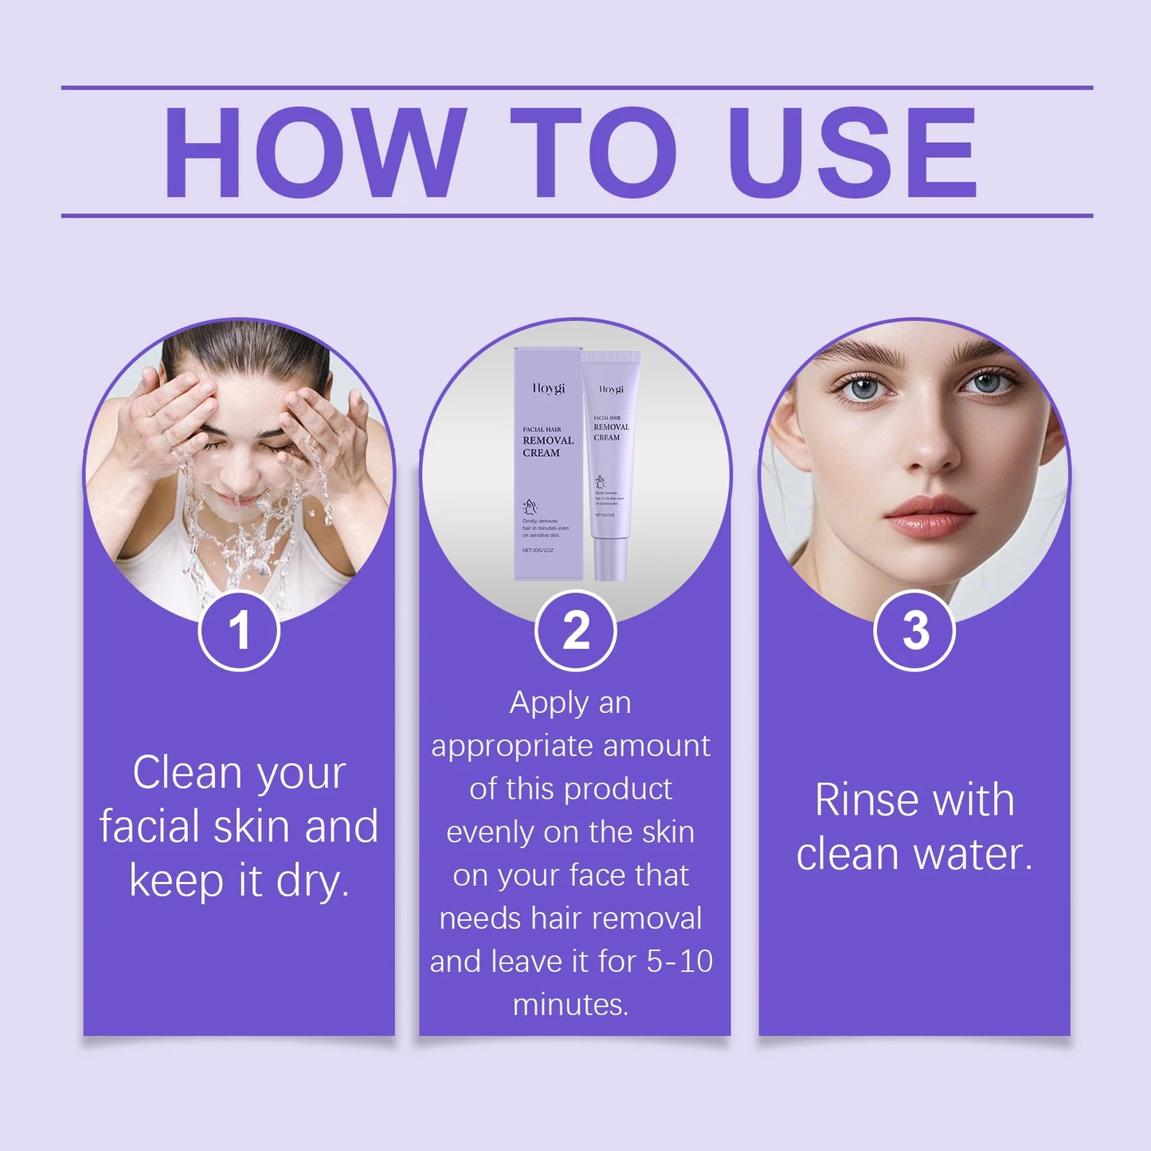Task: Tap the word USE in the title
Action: click(852, 152)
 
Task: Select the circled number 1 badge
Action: click(239, 631)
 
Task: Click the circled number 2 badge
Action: click(576, 631)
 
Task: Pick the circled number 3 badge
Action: click(914, 631)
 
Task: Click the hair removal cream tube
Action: click(610, 462)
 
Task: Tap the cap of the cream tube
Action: click(610, 558)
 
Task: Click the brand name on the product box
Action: click(548, 389)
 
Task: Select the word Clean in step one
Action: click(186, 773)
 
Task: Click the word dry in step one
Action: click(312, 881)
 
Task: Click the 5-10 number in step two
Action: click(679, 961)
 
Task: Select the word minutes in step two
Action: click(570, 1004)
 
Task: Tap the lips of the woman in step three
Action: click(927, 515)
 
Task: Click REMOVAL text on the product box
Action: click(548, 440)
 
